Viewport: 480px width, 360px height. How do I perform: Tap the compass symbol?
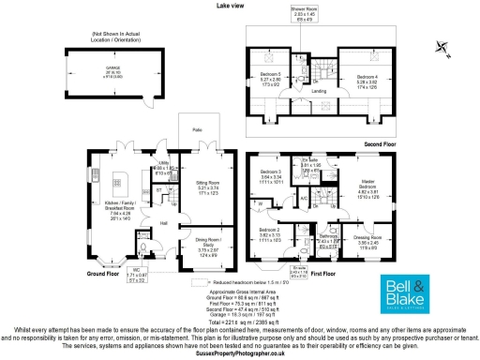point(442,47)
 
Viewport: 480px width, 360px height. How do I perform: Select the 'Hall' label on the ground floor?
point(163,223)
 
